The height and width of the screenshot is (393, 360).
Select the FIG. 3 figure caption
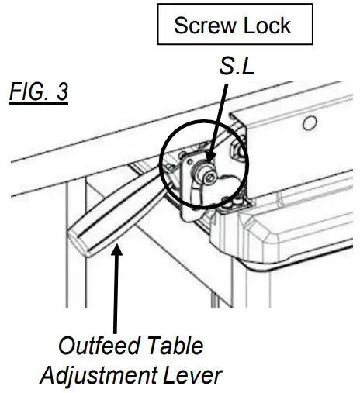[39, 92]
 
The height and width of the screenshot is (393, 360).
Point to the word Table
[175, 345]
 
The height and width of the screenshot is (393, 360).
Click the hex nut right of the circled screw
[238, 156]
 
